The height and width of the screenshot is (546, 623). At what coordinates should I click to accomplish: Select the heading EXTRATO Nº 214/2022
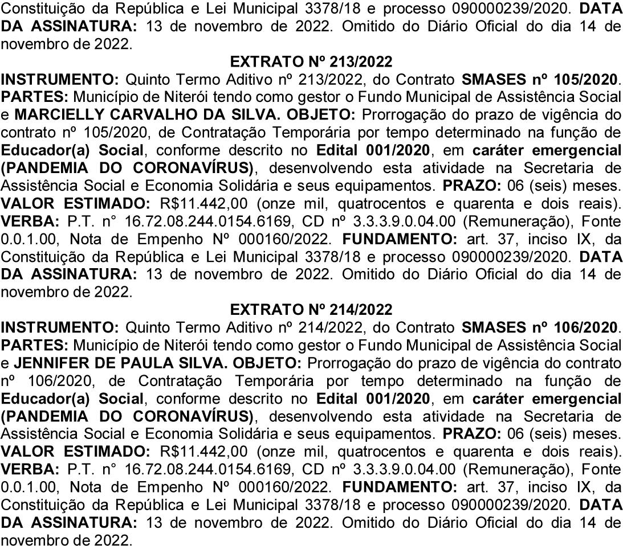(311, 310)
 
